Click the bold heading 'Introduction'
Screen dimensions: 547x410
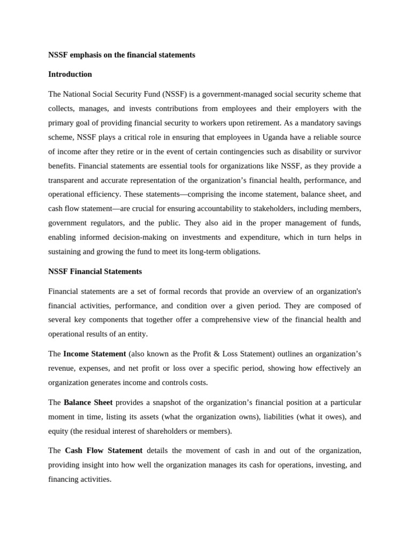pyautogui.click(x=70, y=74)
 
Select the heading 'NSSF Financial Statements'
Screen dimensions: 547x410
pyautogui.click(x=95, y=271)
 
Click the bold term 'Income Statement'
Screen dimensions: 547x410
pyautogui.click(x=94, y=354)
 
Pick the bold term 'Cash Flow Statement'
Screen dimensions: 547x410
pyautogui.click(x=104, y=450)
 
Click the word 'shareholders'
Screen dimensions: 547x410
pyautogui.click(x=172, y=431)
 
